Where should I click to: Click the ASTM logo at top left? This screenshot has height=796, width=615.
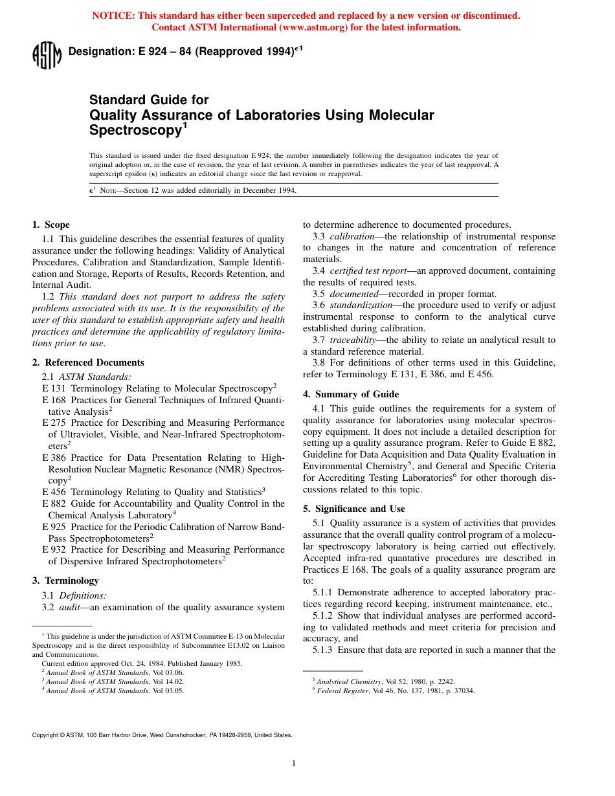pos(47,54)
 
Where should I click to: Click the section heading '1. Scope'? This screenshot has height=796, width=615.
pos(51,225)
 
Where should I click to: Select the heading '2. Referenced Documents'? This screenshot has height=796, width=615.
pos(88,362)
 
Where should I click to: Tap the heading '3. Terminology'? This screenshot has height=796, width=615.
pos(65,580)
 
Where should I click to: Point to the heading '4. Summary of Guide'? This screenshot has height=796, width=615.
pos(351,394)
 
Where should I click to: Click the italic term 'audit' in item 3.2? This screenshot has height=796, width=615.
pos(70,607)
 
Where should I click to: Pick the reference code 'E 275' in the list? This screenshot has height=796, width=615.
pos(54,423)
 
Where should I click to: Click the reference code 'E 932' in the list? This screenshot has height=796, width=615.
pos(54,549)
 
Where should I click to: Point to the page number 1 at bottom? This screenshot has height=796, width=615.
pos(294,764)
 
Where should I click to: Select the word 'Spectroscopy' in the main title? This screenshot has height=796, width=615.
pos(134,130)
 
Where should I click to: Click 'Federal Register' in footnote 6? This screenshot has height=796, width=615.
pos(341,691)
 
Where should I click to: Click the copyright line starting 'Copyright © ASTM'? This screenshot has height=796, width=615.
pos(162,735)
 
